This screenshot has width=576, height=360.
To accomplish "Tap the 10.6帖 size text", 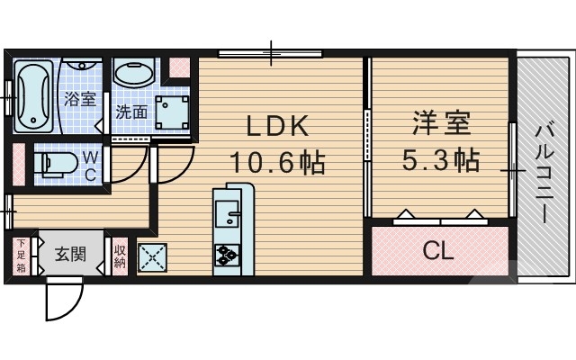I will coord(275,163).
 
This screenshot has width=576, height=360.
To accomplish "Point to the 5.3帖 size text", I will coord(440,160).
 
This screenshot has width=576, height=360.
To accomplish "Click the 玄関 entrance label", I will coord(70,253).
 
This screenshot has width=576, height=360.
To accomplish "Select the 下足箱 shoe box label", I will coord(21,255).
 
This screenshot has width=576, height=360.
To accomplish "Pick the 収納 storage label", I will coord(120,255).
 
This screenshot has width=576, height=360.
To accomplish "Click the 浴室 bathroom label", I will coord(79,99).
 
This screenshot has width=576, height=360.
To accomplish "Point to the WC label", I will coord(90,166).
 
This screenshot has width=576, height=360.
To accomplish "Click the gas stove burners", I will coord(225,257).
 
